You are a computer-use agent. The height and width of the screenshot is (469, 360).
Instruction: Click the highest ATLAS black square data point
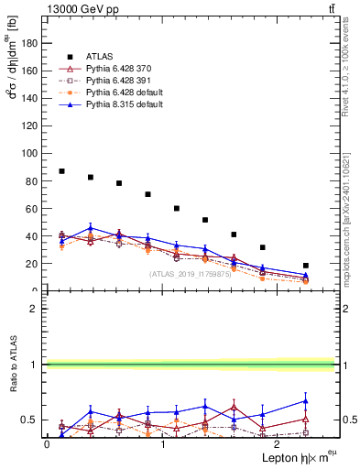61,171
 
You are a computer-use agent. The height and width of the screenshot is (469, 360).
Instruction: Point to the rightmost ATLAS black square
306,266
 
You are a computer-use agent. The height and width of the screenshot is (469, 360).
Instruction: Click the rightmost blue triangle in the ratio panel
306,401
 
